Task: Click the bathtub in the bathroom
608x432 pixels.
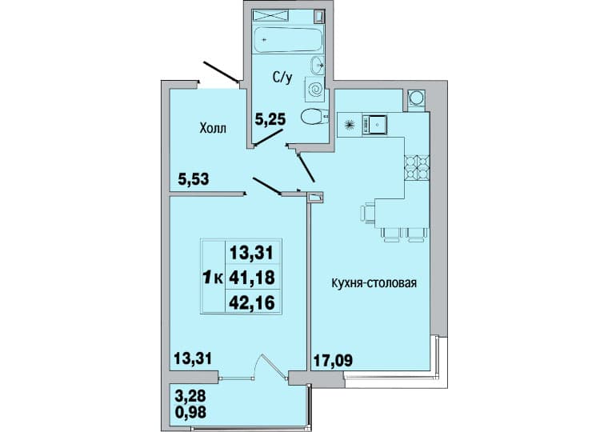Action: pyautogui.click(x=288, y=38)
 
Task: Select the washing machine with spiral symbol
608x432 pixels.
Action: pyautogui.click(x=315, y=89)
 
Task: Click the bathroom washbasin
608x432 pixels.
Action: pyautogui.click(x=318, y=65)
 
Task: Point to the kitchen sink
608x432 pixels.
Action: pyautogui.click(x=374, y=125)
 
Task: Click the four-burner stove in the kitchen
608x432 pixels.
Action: pyautogui.click(x=418, y=168)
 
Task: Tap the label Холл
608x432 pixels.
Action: pyautogui.click(x=213, y=128)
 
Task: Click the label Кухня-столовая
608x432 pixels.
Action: pyautogui.click(x=374, y=283)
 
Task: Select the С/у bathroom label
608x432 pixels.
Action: pyautogui.click(x=282, y=78)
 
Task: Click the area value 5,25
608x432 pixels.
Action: pyautogui.click(x=270, y=119)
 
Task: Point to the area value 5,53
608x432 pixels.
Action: pyautogui.click(x=194, y=179)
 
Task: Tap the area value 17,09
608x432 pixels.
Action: pyautogui.click(x=332, y=360)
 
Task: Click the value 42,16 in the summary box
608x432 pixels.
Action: pyautogui.click(x=252, y=302)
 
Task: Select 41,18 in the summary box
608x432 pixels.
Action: pyautogui.click(x=252, y=278)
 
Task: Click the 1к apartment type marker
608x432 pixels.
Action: pyautogui.click(x=213, y=278)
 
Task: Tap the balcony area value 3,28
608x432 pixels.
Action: pyautogui.click(x=190, y=397)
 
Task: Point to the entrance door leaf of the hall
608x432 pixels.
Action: pyautogui.click(x=221, y=72)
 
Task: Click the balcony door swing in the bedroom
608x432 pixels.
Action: pyautogui.click(x=274, y=364)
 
